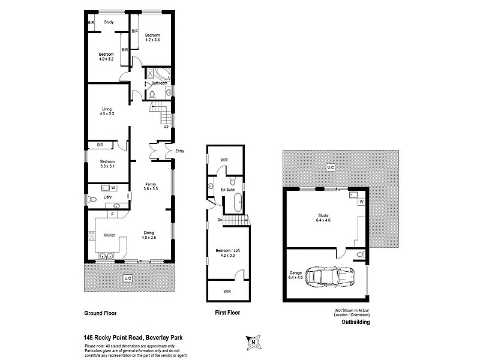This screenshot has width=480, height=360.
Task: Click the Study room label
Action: click(x=109, y=22)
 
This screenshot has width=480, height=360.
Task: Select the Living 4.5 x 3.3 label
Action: click(x=107, y=111)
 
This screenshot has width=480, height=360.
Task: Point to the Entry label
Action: click(x=180, y=151)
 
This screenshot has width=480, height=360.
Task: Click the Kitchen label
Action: click(x=109, y=235)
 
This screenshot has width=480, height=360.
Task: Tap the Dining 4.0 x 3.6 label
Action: click(x=149, y=235)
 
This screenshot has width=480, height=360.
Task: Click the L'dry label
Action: click(x=107, y=197)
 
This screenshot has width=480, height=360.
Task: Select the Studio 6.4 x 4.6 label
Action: click(x=324, y=218)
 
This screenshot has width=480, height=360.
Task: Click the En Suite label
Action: click(x=229, y=190)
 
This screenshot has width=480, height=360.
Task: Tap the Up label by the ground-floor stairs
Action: click(x=166, y=126)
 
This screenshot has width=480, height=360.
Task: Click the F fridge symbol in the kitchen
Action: click(x=112, y=214)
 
